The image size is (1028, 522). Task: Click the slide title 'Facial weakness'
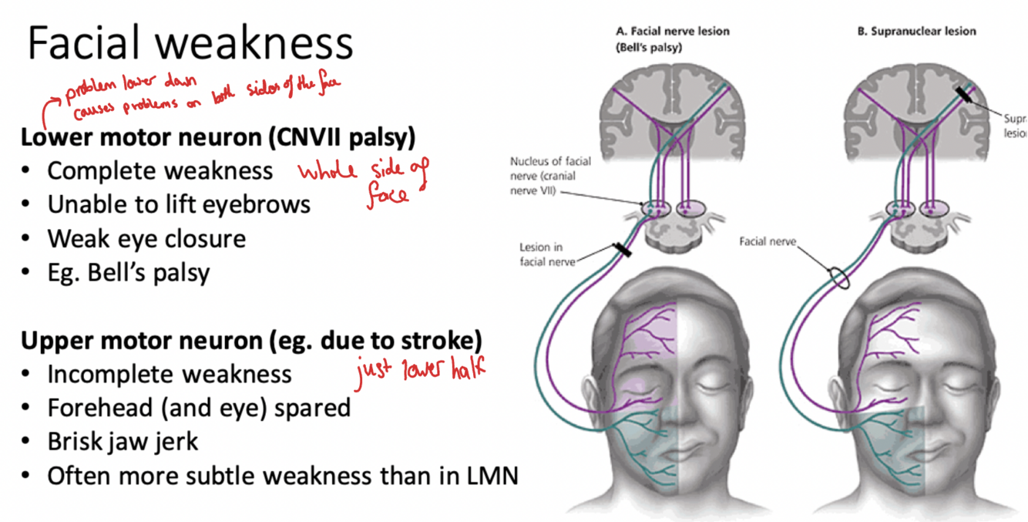click(x=190, y=43)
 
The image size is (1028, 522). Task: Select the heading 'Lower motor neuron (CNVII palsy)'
click(x=218, y=138)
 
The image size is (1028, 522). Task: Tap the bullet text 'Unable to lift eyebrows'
click(x=179, y=204)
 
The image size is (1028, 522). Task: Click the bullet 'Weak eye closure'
click(x=146, y=238)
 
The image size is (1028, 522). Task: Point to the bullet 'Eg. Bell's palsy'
click(x=128, y=272)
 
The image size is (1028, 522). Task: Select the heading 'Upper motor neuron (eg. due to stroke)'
click(x=251, y=340)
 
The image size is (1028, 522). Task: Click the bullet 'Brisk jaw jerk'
click(x=123, y=442)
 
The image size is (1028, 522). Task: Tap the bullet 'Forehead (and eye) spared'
click(x=199, y=408)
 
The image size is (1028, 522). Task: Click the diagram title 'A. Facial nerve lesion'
click(x=672, y=32)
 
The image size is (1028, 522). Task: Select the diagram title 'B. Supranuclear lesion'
click(x=916, y=32)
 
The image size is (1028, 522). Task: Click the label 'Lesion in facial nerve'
click(x=546, y=254)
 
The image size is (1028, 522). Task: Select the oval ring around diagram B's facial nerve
click(x=838, y=278)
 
